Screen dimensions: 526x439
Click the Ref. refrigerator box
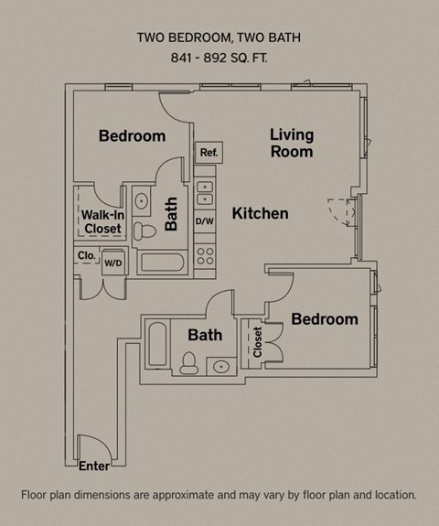208,153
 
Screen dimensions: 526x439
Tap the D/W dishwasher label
205,221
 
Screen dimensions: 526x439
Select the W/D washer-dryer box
114,263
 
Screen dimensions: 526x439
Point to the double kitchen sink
205,193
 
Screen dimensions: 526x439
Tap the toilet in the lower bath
189,364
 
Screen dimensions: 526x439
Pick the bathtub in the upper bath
162,263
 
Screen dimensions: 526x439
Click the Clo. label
87,255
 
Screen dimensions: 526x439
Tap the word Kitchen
260,214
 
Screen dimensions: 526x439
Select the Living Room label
292,144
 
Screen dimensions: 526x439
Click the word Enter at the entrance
94,467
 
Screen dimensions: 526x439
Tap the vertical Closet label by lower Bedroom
259,341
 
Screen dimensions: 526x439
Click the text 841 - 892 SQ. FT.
219,58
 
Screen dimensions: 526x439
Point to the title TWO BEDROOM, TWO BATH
219,38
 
